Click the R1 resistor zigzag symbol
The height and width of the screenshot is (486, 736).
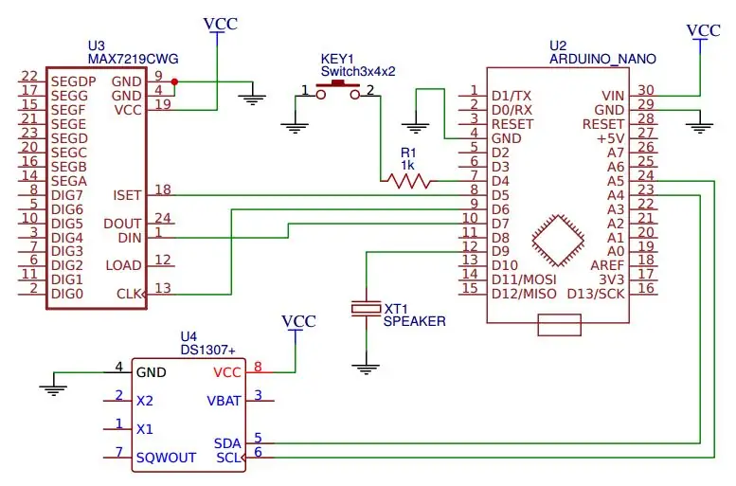tap(408, 181)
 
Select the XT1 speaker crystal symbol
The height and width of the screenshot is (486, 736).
tap(367, 308)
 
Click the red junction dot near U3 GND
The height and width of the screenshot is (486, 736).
tap(174, 81)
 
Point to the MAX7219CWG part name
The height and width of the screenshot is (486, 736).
tap(134, 59)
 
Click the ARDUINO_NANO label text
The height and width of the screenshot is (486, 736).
tap(602, 59)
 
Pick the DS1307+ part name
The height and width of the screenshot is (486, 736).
tap(208, 351)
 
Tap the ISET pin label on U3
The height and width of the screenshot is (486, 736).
tap(127, 195)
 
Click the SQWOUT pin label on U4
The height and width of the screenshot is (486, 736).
tap(166, 458)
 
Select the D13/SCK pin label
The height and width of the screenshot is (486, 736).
tap(596, 294)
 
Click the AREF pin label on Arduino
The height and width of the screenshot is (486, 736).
tap(607, 265)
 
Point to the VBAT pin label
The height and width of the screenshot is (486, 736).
tap(224, 401)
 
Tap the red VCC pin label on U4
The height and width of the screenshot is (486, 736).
tap(227, 373)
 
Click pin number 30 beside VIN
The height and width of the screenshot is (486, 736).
tap(646, 90)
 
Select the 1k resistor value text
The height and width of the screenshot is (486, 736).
tap(407, 165)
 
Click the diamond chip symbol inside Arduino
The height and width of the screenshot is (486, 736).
tap(558, 241)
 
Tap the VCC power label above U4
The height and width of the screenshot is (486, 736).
tap(298, 322)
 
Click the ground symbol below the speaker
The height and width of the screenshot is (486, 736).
tap(366, 369)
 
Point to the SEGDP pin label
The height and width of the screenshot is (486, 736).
tap(74, 81)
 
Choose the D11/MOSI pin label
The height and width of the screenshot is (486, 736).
tap(524, 279)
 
